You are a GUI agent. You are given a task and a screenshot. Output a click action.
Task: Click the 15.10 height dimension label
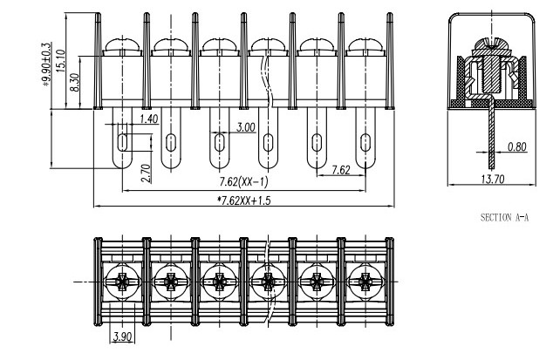pyautogui.click(x=60, y=61)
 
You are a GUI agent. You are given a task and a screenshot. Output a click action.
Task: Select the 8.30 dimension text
pyautogui.click(x=75, y=82)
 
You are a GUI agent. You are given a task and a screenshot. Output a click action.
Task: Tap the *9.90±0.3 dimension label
pyautogui.click(x=47, y=65)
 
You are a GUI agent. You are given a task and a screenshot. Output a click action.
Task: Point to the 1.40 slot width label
pyautogui.click(x=149, y=119)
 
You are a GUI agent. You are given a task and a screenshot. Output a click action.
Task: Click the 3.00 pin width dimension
pyautogui.click(x=245, y=127)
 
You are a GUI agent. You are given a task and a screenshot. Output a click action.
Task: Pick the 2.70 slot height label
pyautogui.click(x=146, y=173)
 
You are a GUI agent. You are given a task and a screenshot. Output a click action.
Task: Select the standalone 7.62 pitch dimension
pyautogui.click(x=341, y=170)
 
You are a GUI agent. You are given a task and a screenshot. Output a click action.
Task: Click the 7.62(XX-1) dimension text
pyautogui.click(x=243, y=182)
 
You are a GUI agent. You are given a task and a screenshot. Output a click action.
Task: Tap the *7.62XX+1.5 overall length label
pyautogui.click(x=243, y=200)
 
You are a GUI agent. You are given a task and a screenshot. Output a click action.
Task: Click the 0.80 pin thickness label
pyautogui.click(x=517, y=146)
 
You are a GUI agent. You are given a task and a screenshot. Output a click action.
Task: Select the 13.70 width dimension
pyautogui.click(x=492, y=179)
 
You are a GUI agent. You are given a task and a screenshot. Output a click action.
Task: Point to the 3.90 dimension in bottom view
pyautogui.click(x=122, y=336)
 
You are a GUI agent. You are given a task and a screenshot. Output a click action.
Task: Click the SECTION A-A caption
pyautogui.click(x=504, y=218)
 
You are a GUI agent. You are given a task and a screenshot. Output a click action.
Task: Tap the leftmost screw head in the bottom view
pyautogui.click(x=122, y=282)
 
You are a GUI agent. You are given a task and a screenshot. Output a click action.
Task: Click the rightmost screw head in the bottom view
pyautogui.click(x=365, y=282)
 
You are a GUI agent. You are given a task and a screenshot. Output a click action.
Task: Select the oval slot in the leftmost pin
pyautogui.click(x=122, y=142)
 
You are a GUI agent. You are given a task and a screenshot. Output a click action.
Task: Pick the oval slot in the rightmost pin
pyautogui.click(x=365, y=142)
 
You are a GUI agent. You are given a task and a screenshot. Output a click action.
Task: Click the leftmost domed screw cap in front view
pyautogui.click(x=122, y=44)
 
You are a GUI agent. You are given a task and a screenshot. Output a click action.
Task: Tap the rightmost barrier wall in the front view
pyautogui.click(x=389, y=61)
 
